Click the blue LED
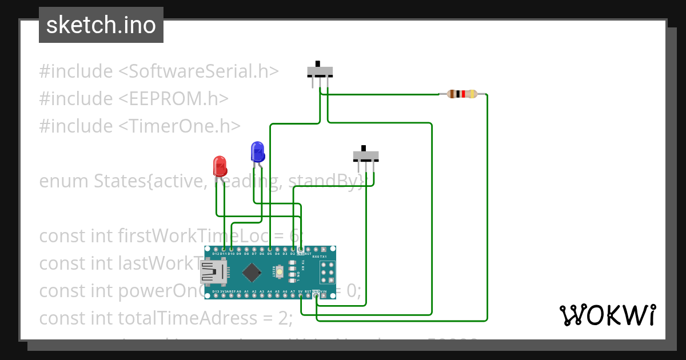tap(257, 152)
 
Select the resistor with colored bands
tap(462, 94)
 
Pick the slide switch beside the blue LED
tap(366, 155)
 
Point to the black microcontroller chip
tap(252, 273)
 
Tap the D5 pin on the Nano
tap(270, 250)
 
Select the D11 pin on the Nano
tap(224, 250)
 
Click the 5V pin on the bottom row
tap(301, 295)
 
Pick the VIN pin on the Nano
tap(324, 295)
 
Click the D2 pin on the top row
tap(293, 250)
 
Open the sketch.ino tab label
tap(101, 25)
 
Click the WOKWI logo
tap(607, 315)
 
